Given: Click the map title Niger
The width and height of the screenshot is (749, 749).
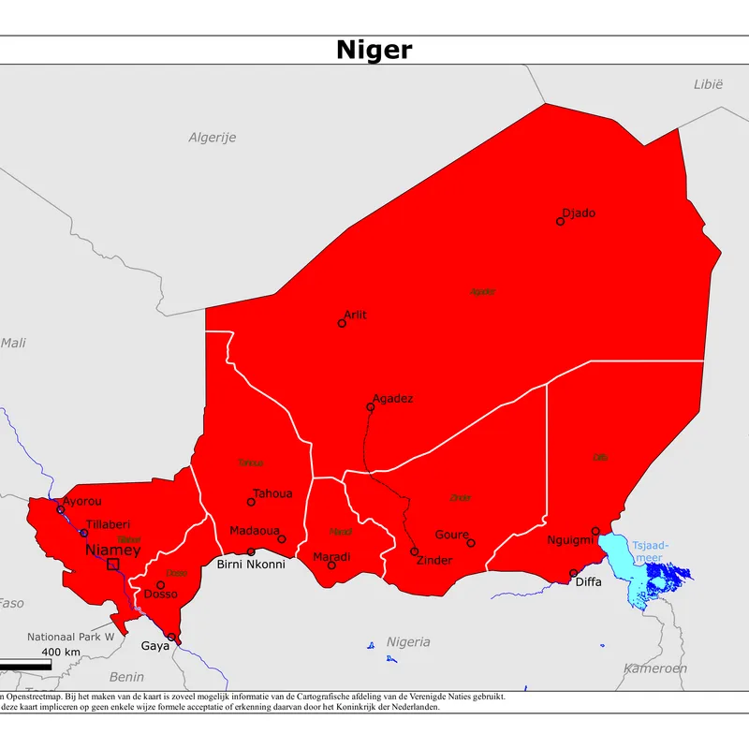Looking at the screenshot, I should click(x=374, y=50).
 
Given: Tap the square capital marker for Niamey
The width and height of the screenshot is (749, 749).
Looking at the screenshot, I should click(x=113, y=564).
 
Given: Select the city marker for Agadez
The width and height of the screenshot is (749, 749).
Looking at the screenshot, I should click(x=370, y=407).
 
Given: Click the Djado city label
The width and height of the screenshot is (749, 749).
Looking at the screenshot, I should click(x=579, y=213).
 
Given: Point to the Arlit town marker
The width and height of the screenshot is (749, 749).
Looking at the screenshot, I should click(x=342, y=323).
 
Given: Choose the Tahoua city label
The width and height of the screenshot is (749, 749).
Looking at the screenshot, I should click(x=272, y=493).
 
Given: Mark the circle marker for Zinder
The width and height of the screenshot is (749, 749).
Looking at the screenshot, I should click(x=414, y=551).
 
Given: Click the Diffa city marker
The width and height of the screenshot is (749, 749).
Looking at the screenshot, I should click(x=574, y=573).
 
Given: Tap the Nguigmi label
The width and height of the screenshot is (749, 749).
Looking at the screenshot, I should click(x=570, y=541).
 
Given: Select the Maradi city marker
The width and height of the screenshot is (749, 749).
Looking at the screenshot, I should click(x=331, y=565).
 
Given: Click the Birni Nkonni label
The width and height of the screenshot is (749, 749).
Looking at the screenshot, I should click(x=250, y=565).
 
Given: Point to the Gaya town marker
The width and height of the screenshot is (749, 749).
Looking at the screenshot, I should click(x=170, y=637).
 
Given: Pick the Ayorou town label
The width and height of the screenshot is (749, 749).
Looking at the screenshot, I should click(x=81, y=501).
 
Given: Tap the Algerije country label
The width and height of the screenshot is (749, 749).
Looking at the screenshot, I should click(x=213, y=138).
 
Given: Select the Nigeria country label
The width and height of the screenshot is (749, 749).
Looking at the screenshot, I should click(x=408, y=641).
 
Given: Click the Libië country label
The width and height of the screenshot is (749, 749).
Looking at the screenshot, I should click(x=708, y=84).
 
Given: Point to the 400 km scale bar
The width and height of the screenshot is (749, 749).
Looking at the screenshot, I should click(x=25, y=665).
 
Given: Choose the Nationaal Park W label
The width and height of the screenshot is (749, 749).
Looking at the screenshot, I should click(x=69, y=636).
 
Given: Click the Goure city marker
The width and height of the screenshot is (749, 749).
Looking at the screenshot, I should click(x=471, y=543).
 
